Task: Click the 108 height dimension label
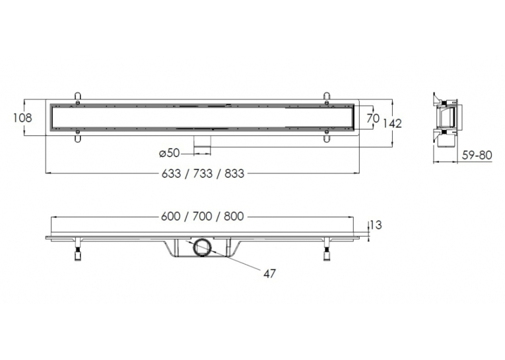22,118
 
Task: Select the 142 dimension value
392,124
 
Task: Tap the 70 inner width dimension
373,118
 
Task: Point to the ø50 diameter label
170,153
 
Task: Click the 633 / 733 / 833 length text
203,174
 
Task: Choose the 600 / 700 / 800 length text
203,216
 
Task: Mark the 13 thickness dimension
376,225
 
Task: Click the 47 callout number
269,273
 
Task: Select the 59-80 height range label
477,155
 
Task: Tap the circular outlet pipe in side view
202,248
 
